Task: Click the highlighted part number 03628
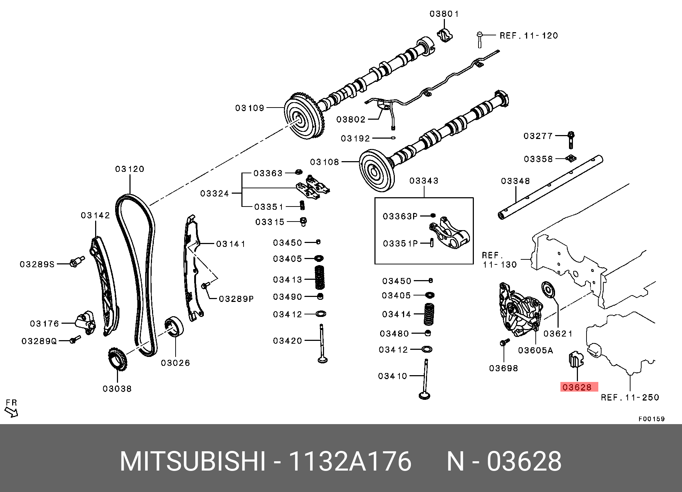tap(577, 387)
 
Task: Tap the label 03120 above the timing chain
tap(129, 169)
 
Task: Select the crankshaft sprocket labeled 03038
tap(117, 359)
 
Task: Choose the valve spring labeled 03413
tap(320, 277)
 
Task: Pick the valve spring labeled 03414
tap(429, 314)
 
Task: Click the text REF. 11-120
tap(529, 36)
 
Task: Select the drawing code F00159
tap(651, 419)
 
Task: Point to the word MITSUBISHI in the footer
tap(193, 461)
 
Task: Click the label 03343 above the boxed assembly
tap(424, 181)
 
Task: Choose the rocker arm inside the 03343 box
tap(450, 234)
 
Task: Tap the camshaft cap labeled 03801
tap(445, 35)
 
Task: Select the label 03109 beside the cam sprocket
tap(250, 108)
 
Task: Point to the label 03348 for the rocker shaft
tap(515, 181)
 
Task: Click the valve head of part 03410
tap(425, 396)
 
